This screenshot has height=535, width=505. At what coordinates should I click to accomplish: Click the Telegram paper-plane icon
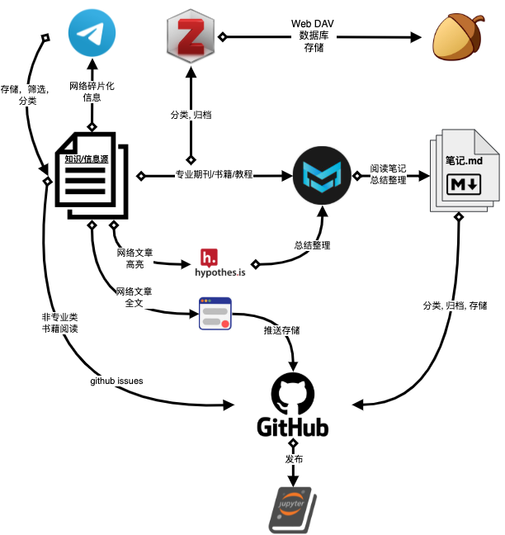[92, 33]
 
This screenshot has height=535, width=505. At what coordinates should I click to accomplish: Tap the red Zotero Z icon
[191, 38]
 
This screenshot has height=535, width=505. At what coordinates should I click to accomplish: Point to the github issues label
[116, 381]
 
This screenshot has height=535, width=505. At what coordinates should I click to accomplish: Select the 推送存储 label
[280, 330]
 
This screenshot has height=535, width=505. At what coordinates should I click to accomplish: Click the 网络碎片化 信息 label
[92, 91]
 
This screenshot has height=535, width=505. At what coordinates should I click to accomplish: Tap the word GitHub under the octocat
[293, 427]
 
